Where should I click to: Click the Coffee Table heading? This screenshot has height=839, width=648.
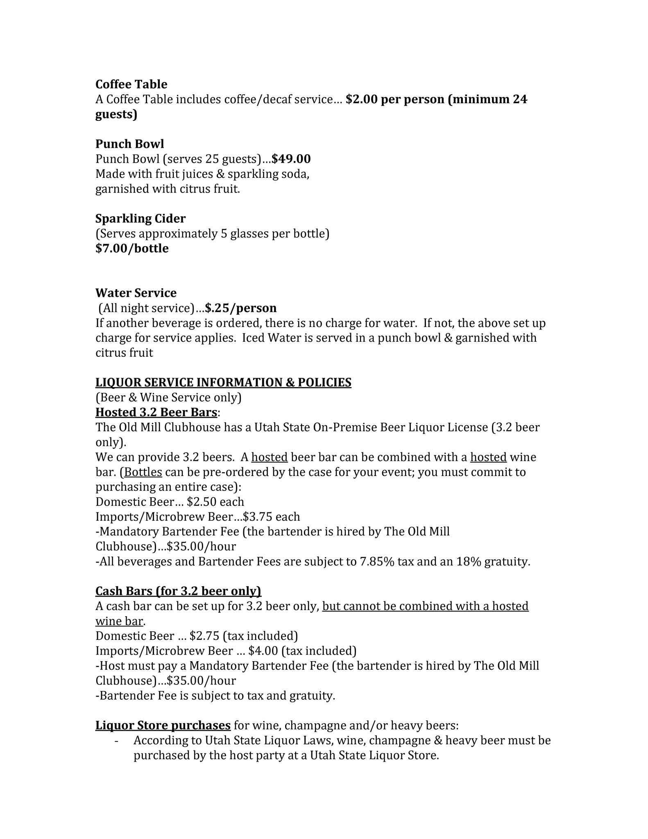131,84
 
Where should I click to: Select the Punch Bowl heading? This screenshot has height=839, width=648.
129,144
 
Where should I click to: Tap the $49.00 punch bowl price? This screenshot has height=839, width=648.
291,159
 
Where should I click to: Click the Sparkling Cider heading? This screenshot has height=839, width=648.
140,219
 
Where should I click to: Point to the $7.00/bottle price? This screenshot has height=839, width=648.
132,249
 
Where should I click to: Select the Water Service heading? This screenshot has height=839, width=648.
136,293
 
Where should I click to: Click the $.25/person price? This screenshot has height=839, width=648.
241,308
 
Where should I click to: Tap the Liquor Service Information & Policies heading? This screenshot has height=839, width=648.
223,383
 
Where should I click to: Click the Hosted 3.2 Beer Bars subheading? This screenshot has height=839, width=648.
156,412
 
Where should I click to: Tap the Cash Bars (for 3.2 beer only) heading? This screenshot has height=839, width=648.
178,591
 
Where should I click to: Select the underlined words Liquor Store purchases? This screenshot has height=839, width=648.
163,726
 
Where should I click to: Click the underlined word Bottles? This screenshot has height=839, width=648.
143,472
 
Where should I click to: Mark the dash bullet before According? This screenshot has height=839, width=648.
117,741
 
